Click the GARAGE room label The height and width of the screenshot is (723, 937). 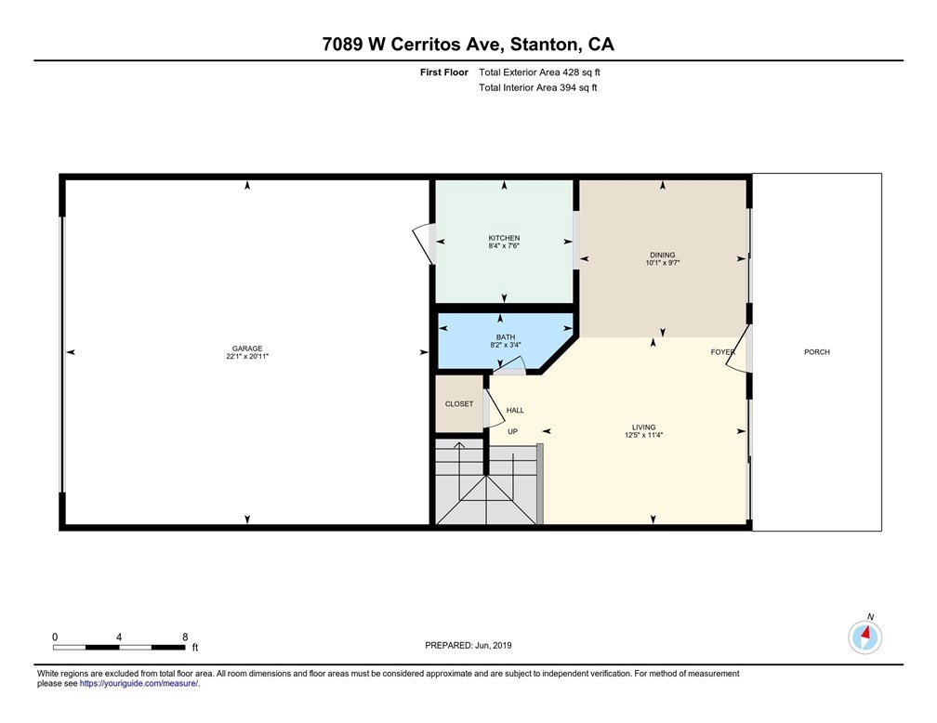tap(247, 348)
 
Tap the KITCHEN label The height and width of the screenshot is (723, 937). tap(504, 238)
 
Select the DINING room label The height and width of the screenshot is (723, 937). tap(663, 255)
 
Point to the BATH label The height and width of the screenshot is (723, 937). tap(506, 337)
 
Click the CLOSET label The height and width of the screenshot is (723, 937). tap(459, 404)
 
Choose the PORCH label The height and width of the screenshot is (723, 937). tap(817, 352)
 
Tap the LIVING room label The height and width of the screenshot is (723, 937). tap(643, 427)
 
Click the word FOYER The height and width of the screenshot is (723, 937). tap(722, 352)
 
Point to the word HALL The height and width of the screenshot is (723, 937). tap(515, 410)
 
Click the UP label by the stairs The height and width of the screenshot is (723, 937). tap(513, 431)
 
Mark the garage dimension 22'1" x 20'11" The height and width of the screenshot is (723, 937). tap(247, 356)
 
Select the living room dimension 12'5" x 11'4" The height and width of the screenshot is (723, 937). tap(643, 435)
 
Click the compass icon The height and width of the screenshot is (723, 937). tap(864, 638)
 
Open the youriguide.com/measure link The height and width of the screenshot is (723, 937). tap(139, 684)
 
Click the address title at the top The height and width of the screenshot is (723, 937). tap(468, 45)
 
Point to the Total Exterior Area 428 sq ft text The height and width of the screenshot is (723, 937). tap(539, 72)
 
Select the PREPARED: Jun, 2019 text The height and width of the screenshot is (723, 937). tap(468, 645)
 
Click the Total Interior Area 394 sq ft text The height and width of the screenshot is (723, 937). tap(538, 88)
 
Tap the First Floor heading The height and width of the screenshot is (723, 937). tap(444, 72)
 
